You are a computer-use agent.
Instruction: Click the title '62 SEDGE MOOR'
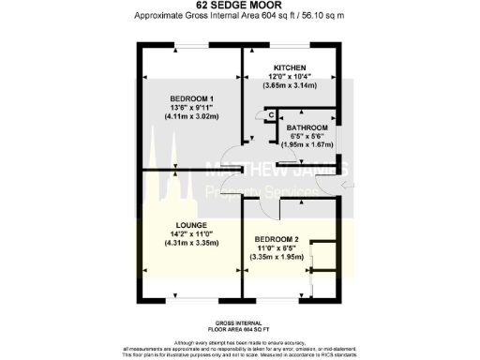tap(239, 6)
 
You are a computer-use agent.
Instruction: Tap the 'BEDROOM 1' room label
tap(191, 98)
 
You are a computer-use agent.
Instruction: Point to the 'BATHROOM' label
tap(307, 127)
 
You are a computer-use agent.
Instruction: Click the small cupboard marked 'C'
tap(270, 115)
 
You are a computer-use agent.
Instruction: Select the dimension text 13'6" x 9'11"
tap(191, 108)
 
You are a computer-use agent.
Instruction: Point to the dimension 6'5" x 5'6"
tap(307, 136)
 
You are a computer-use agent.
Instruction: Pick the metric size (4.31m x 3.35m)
tap(191, 242)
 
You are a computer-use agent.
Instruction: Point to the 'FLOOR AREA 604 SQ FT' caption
tap(240, 328)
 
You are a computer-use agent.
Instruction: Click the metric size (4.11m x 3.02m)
tap(191, 117)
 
